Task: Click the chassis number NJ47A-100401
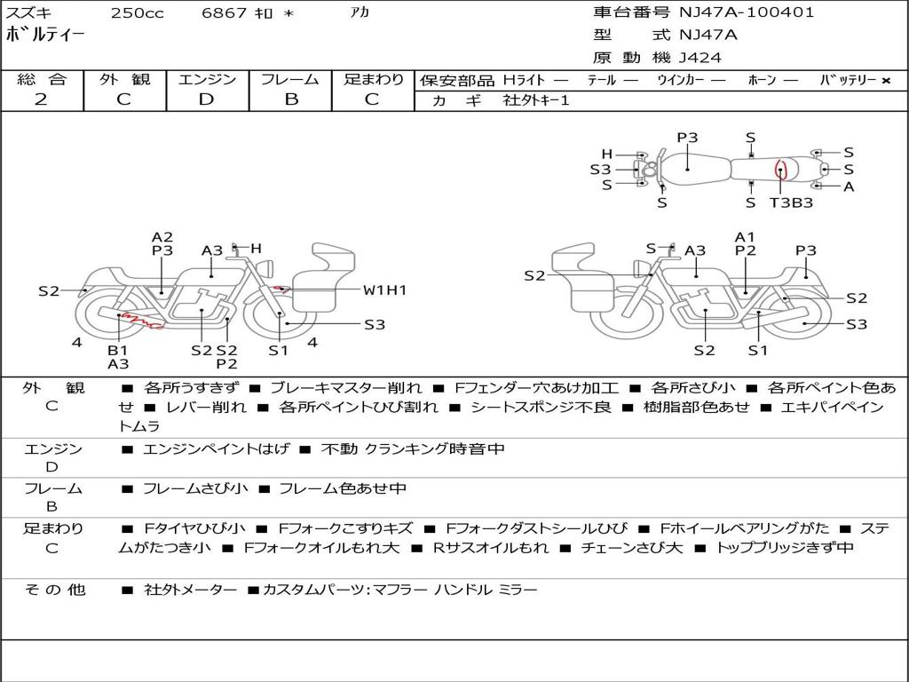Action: [746, 12]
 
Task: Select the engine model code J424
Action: [700, 58]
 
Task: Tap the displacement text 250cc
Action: [137, 13]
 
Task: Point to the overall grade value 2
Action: [41, 99]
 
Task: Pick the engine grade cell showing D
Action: [206, 99]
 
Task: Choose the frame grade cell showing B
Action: [291, 99]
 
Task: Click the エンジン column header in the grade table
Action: [207, 79]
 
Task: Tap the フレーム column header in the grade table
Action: [290, 79]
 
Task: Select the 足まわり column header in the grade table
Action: [374, 79]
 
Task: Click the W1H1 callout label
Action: [384, 290]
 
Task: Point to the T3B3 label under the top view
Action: [791, 202]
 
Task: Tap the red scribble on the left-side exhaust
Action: [140, 321]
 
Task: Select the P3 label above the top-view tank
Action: [687, 138]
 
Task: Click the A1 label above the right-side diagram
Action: [745, 237]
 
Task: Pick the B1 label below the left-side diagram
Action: [118, 350]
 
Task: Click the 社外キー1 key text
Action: [538, 100]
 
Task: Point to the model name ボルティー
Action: [45, 36]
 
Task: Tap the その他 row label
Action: [54, 590]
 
